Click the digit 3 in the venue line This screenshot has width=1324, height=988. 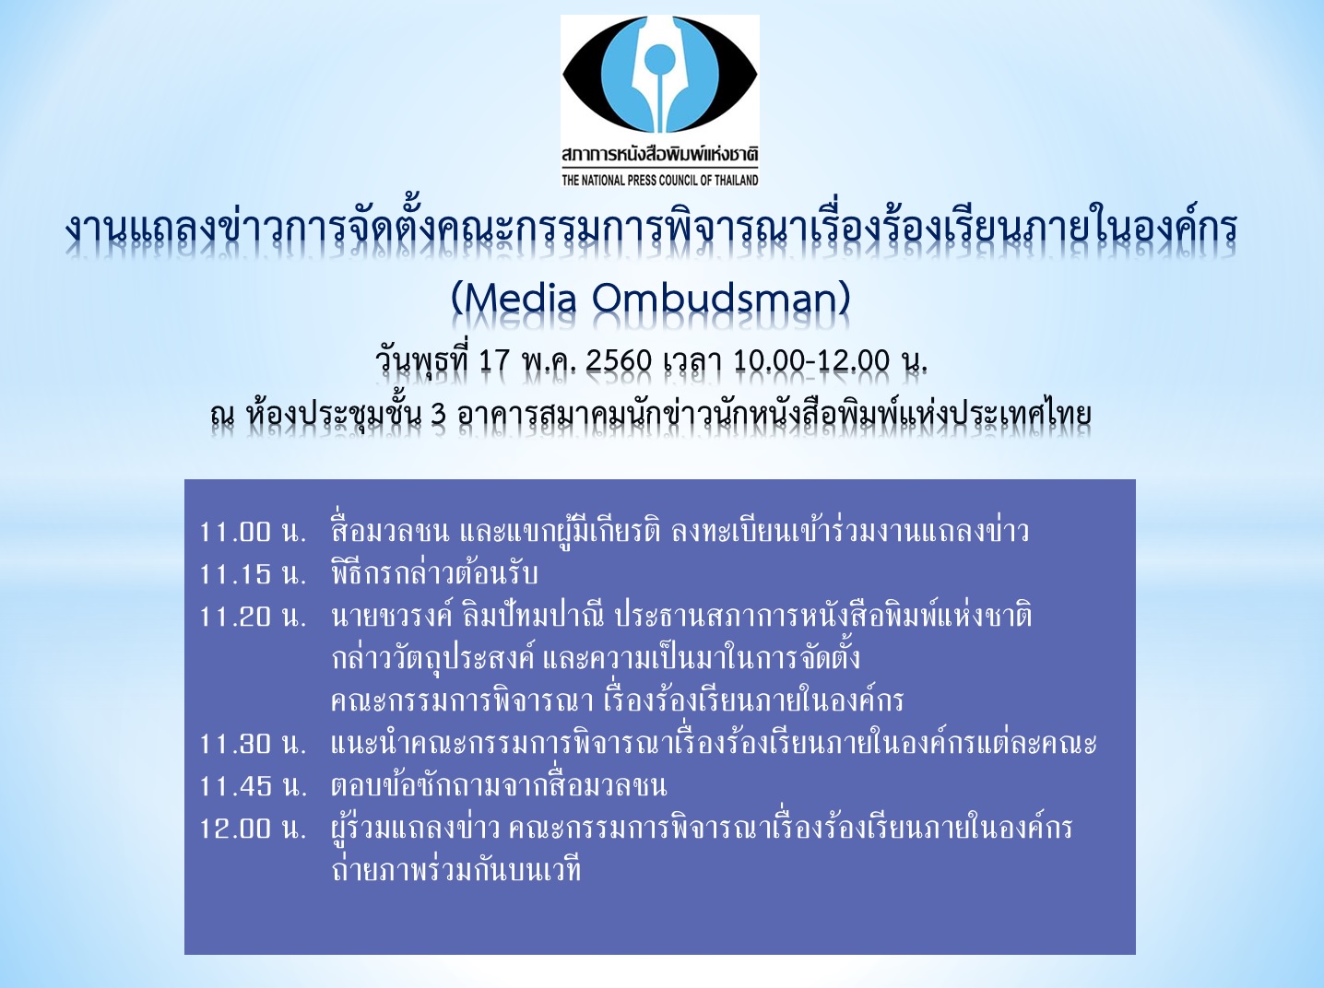[439, 415]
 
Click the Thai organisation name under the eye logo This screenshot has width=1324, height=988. [660, 156]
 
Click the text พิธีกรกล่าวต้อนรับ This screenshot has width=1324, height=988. [434, 573]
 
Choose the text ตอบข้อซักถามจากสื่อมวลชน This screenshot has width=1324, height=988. [499, 785]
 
